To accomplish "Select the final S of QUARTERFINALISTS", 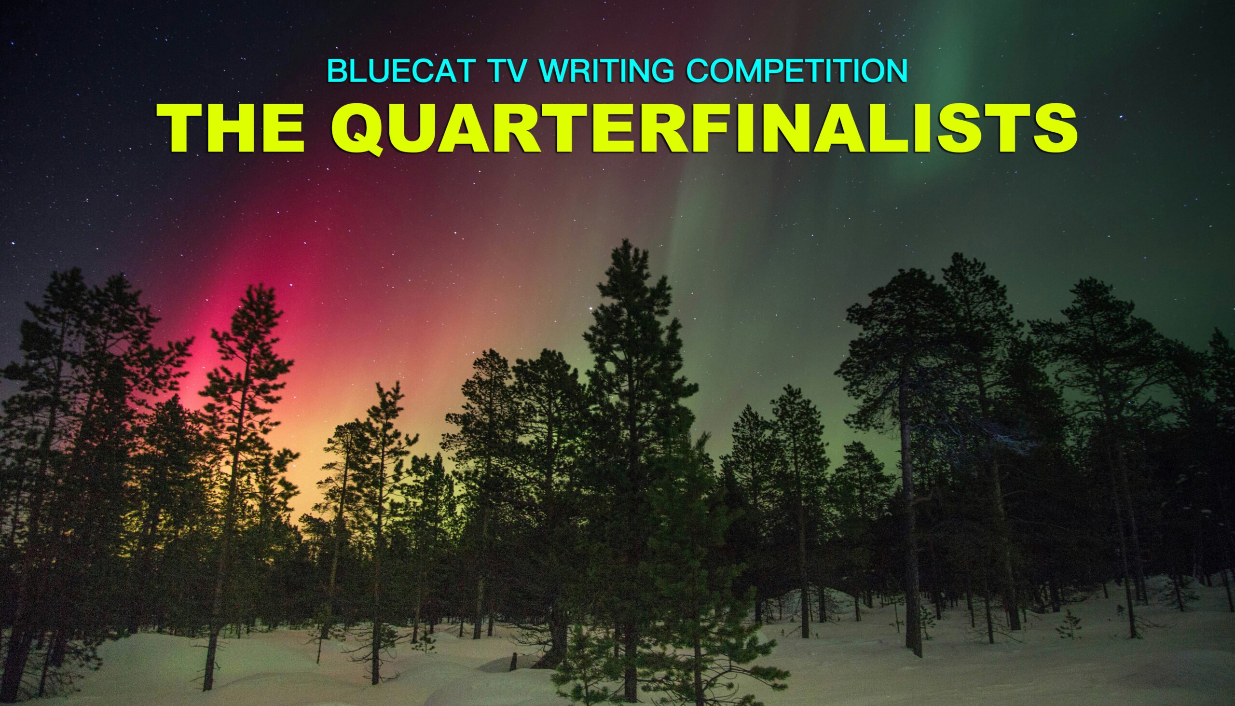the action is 1055,127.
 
